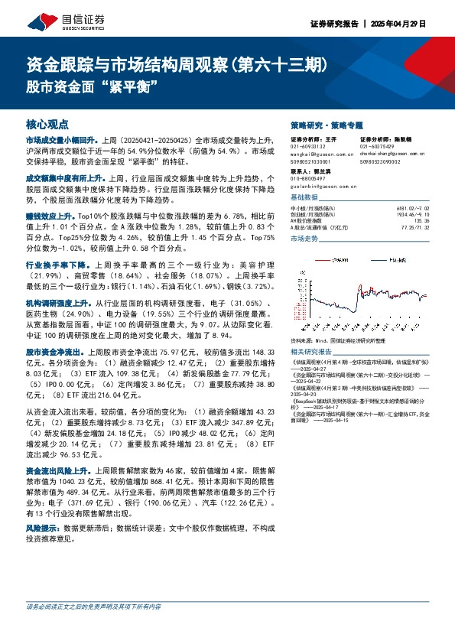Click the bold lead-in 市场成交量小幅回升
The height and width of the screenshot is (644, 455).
pos(60,141)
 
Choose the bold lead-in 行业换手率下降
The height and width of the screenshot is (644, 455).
pos(52,263)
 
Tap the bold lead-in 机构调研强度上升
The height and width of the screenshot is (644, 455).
pos(55,304)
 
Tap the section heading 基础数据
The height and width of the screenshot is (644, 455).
pos(306,197)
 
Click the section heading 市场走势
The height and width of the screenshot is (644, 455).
pos(306,239)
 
